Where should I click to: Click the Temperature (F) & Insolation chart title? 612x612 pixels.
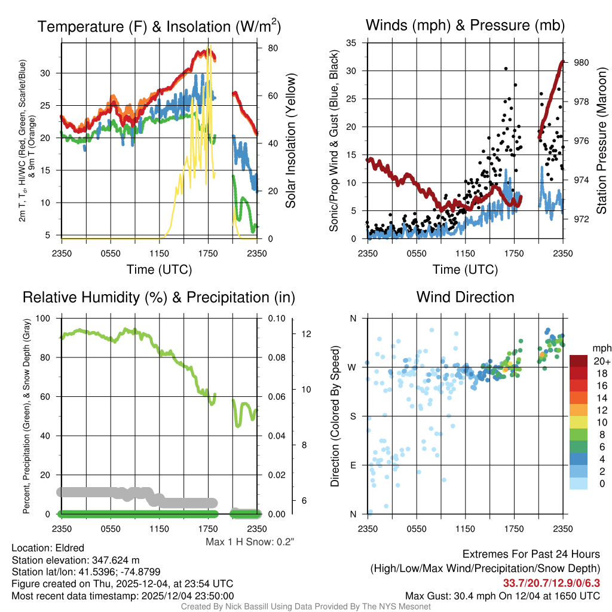(x=159, y=26)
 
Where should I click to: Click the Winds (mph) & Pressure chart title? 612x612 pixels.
(x=465, y=25)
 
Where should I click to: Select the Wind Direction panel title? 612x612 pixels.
(x=465, y=297)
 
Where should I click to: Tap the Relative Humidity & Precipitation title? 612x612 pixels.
(x=159, y=297)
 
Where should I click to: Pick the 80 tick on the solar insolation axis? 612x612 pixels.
(x=270, y=48)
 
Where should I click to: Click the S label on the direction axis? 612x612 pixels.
(x=353, y=416)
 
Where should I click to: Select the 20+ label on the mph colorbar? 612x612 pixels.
(x=601, y=361)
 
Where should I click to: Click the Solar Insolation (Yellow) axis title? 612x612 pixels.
(x=291, y=140)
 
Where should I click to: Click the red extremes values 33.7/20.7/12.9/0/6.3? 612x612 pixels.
(x=551, y=583)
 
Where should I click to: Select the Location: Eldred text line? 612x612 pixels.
(x=48, y=547)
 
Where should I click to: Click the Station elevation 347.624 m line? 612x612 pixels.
(x=75, y=560)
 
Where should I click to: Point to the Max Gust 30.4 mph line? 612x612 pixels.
(x=502, y=596)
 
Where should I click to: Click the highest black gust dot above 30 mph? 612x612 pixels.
(x=506, y=69)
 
